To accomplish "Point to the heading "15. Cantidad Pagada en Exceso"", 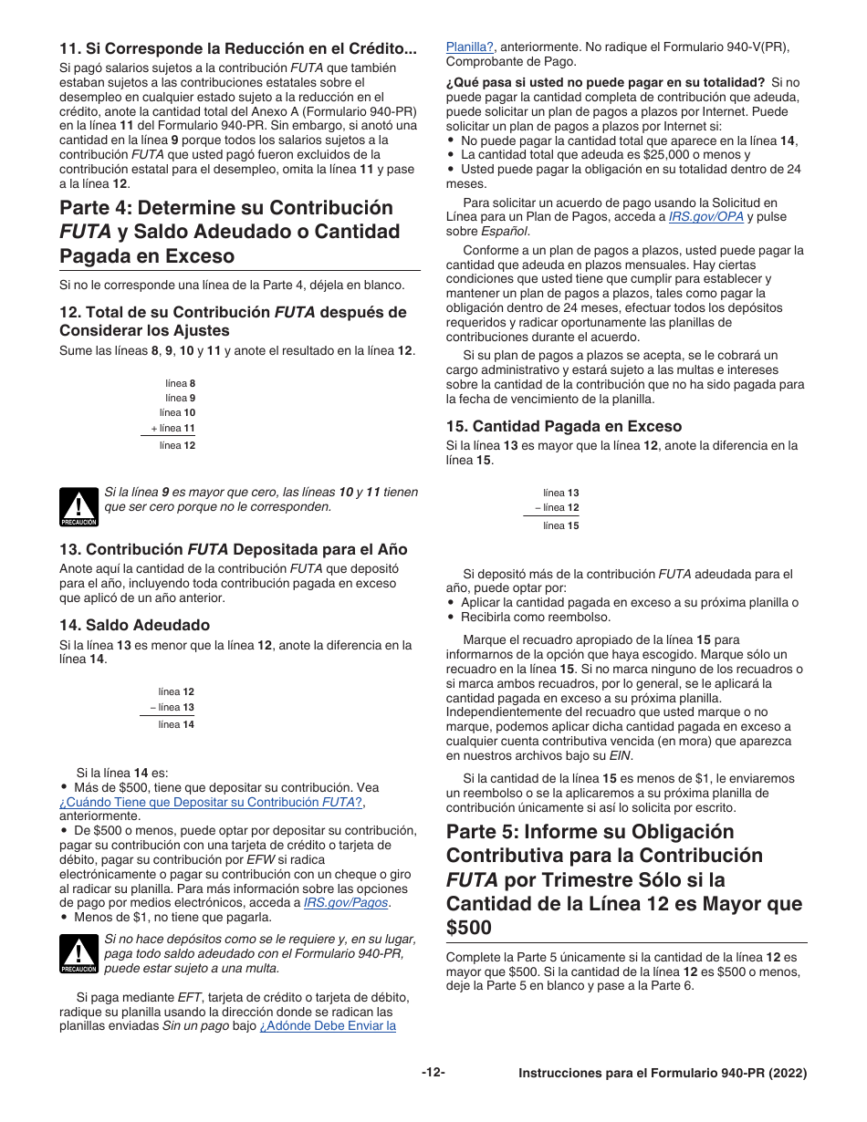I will [x=563, y=426].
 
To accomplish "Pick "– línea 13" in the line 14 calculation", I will [x=172, y=707].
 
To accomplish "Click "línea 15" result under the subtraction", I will [x=560, y=525].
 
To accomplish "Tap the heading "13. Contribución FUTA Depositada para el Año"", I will [x=233, y=549].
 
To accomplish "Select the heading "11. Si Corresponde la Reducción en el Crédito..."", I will [x=237, y=48].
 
